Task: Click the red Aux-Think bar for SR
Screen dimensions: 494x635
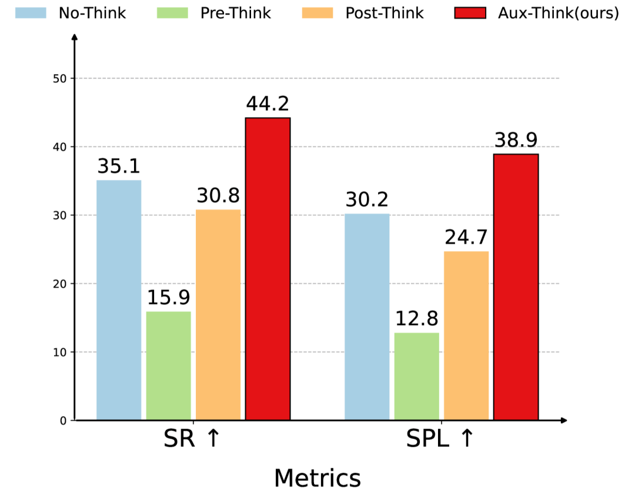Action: point(268,269)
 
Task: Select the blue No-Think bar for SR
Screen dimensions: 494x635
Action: point(119,300)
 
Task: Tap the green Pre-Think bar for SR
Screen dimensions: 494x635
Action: point(168,366)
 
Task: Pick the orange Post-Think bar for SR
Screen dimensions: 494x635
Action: point(218,315)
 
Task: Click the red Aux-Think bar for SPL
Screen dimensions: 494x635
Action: point(516,287)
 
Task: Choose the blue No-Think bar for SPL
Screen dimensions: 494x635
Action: point(367,317)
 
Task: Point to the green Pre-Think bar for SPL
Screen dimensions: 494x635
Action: point(416,376)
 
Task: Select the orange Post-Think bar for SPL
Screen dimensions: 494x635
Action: point(466,336)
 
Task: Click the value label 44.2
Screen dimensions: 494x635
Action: point(268,104)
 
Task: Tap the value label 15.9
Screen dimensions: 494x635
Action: point(168,298)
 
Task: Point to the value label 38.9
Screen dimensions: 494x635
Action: point(516,140)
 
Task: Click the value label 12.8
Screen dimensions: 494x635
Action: point(416,319)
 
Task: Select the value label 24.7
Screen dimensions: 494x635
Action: point(466,238)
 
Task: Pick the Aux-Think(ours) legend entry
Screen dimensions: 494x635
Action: point(536,13)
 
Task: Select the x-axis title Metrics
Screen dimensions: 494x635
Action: point(317,478)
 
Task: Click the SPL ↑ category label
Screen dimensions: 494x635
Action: point(440,439)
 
